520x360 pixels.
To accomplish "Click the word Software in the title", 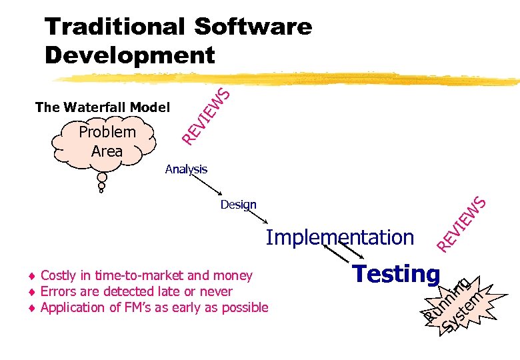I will [x=253, y=27].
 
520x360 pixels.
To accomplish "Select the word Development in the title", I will [x=130, y=55].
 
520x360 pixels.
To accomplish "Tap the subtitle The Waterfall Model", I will [x=103, y=107].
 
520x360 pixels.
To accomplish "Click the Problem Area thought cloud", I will [x=107, y=141].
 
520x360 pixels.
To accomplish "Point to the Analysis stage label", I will [x=186, y=169].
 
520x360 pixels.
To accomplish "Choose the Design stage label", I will [x=238, y=205].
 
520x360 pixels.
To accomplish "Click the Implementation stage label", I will [x=340, y=237].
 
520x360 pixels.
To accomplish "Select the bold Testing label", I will [x=396, y=273].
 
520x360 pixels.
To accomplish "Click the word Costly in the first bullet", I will [x=57, y=275].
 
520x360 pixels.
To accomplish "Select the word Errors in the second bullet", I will [x=57, y=291].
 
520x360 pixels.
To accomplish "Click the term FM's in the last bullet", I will [x=140, y=307].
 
